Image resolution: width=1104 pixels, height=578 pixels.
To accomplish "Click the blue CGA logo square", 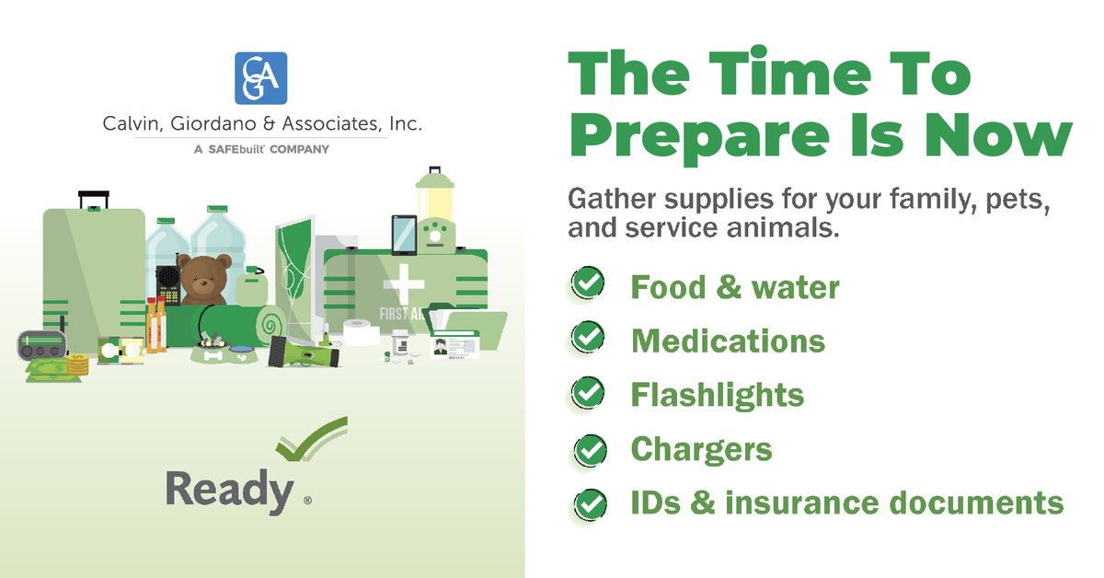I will click(261, 78).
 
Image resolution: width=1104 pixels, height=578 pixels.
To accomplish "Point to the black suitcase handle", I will click(94, 198).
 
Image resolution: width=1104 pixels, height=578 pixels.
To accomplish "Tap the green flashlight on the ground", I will click(304, 352).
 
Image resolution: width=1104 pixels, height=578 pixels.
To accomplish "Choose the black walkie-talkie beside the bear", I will click(168, 284).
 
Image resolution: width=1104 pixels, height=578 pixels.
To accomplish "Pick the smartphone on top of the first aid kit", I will click(404, 235).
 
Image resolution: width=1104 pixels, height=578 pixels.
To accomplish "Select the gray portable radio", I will click(42, 347).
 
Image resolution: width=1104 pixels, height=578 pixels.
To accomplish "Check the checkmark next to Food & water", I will click(586, 284).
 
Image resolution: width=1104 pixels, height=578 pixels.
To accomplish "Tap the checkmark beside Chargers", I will click(590, 449).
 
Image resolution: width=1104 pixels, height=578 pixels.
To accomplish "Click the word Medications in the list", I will click(727, 341).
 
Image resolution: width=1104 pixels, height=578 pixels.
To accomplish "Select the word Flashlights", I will click(717, 395).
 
